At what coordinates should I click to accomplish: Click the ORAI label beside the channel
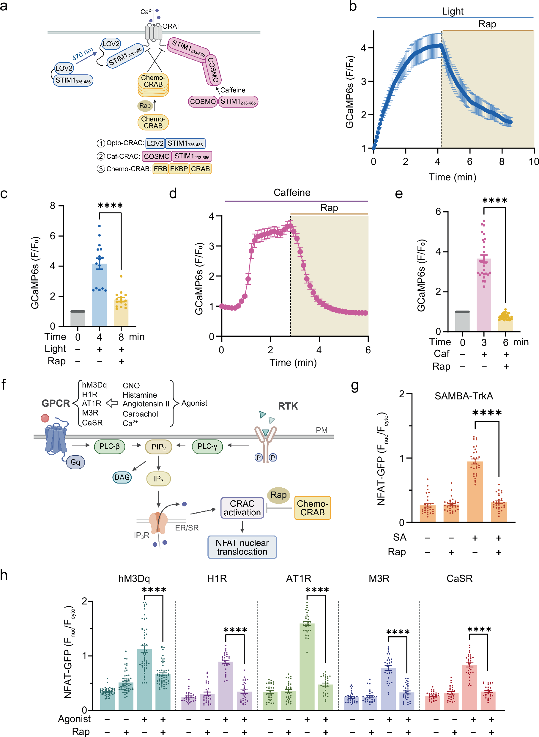click(171, 26)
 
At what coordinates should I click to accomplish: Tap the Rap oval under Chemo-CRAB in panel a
click(145, 105)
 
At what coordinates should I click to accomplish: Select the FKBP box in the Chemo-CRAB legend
click(179, 169)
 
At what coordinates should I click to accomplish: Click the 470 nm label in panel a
click(83, 54)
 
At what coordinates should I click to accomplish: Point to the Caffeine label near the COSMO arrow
click(233, 90)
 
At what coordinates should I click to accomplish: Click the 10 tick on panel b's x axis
click(533, 161)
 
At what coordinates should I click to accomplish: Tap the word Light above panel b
click(453, 11)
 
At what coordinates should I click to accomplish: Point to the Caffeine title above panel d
click(292, 193)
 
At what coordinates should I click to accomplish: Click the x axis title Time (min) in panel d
click(293, 363)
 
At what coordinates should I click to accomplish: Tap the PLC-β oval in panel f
click(110, 446)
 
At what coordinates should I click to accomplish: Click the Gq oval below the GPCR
click(75, 462)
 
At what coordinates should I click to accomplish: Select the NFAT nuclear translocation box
click(242, 547)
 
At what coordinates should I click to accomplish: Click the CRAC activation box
click(242, 508)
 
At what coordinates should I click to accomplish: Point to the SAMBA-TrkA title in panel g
click(463, 396)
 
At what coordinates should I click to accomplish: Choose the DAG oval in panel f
click(122, 477)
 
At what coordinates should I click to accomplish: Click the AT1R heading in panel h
click(298, 578)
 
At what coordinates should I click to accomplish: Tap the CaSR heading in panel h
click(459, 578)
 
